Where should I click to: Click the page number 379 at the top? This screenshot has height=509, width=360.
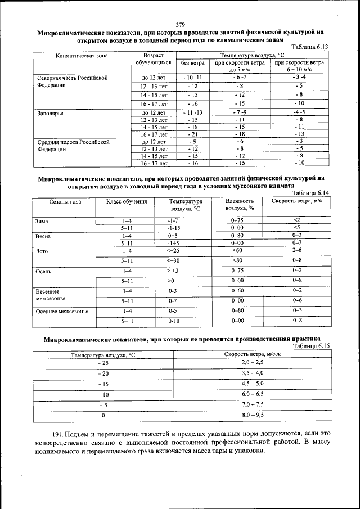[x=180, y=24]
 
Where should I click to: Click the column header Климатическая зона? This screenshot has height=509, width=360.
[x=82, y=56]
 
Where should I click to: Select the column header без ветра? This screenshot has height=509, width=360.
[x=193, y=64]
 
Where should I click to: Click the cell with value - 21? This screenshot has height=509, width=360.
[x=193, y=134]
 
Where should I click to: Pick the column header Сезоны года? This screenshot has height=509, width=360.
[x=65, y=201]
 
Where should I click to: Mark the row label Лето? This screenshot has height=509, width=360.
[x=43, y=251]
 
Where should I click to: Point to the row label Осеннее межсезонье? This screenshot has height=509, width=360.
[x=61, y=311]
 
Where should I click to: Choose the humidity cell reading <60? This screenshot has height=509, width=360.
[x=237, y=250]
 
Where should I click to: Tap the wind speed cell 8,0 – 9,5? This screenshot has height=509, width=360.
[x=253, y=415]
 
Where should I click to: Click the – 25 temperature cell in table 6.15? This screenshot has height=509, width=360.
[x=103, y=363]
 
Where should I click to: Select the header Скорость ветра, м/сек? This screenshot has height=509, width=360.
[x=253, y=354]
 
